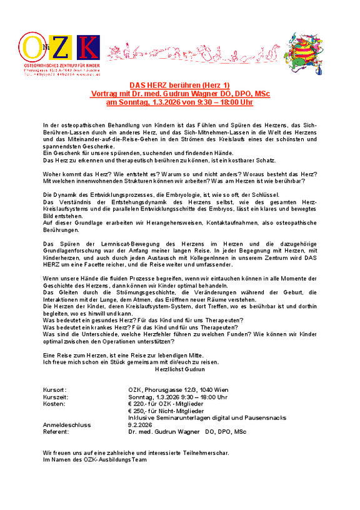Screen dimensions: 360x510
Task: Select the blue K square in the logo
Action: click(88, 49)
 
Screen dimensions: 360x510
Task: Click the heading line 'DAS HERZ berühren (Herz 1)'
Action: click(179, 85)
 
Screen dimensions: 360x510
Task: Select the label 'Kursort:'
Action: click(54, 389)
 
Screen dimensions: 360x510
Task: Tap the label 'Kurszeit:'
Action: click(55, 397)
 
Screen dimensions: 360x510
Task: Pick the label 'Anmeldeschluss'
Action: click(66, 425)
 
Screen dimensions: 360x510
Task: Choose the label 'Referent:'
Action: click(56, 432)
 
